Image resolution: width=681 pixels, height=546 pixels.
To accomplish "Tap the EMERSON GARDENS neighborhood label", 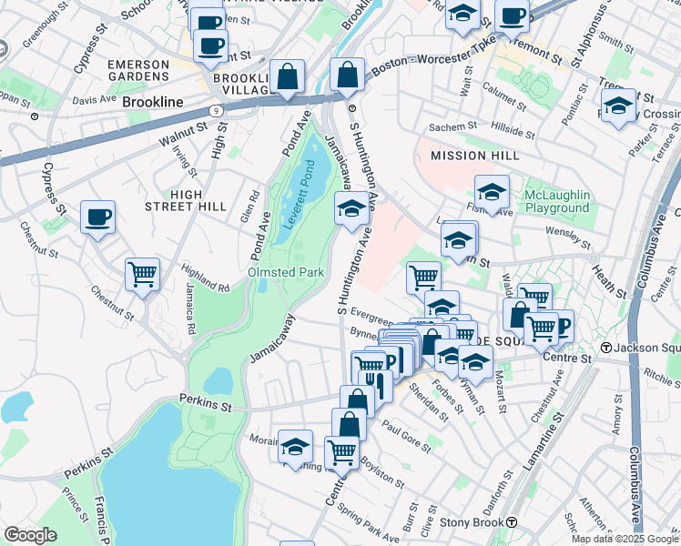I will point(137,71).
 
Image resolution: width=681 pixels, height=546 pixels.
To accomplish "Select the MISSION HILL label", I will point(468,156).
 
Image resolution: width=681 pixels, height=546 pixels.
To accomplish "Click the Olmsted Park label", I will point(286,272).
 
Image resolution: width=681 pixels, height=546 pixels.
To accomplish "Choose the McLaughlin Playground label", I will point(557,202).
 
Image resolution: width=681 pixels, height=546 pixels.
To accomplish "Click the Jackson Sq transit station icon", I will point(606,349).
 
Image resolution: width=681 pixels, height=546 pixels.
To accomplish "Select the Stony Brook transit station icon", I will point(513,523).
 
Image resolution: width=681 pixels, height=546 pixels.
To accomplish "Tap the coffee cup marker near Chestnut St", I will point(97,217).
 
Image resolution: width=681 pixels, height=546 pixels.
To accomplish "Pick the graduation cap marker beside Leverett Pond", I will point(351,209).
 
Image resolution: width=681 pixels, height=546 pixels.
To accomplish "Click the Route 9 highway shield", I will point(216,109).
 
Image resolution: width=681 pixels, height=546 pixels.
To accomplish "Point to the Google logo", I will point(30,535).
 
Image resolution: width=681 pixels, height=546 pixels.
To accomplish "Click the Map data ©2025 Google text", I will point(625,539).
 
